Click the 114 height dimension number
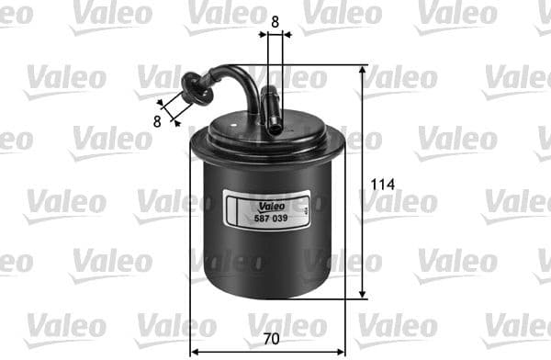[x=383, y=185]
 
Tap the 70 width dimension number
[x=270, y=339]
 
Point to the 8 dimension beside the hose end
[x=157, y=120]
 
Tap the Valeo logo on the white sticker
[x=269, y=204]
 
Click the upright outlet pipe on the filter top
[x=271, y=108]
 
